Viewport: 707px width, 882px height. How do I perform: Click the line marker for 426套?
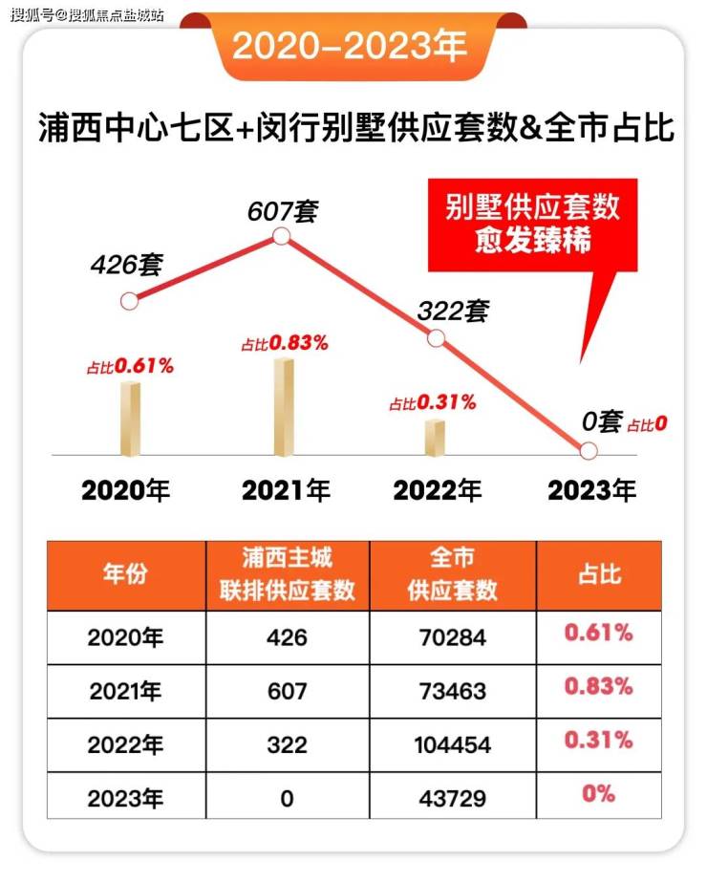pyautogui.click(x=130, y=301)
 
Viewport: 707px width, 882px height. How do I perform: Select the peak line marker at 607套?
pyautogui.click(x=281, y=236)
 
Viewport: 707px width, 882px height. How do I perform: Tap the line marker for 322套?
pyautogui.click(x=436, y=337)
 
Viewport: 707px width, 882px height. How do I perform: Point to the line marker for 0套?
pyautogui.click(x=589, y=450)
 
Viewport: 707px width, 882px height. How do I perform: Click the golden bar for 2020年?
pyautogui.click(x=130, y=419)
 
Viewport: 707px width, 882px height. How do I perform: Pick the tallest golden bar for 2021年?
pyautogui.click(x=283, y=407)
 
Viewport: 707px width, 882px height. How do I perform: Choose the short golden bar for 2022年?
pyautogui.click(x=436, y=438)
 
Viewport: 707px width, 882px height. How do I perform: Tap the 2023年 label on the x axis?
pyautogui.click(x=591, y=491)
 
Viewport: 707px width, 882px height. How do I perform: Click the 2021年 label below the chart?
pyautogui.click(x=286, y=491)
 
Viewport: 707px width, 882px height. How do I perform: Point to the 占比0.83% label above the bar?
pyautogui.click(x=285, y=343)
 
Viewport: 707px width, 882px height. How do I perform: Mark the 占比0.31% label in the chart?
pyautogui.click(x=432, y=403)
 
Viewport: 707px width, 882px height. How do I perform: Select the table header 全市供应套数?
pyautogui.click(x=452, y=575)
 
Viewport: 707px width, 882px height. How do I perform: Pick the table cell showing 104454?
pyautogui.click(x=452, y=742)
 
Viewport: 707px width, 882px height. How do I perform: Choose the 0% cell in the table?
pyautogui.click(x=598, y=794)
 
